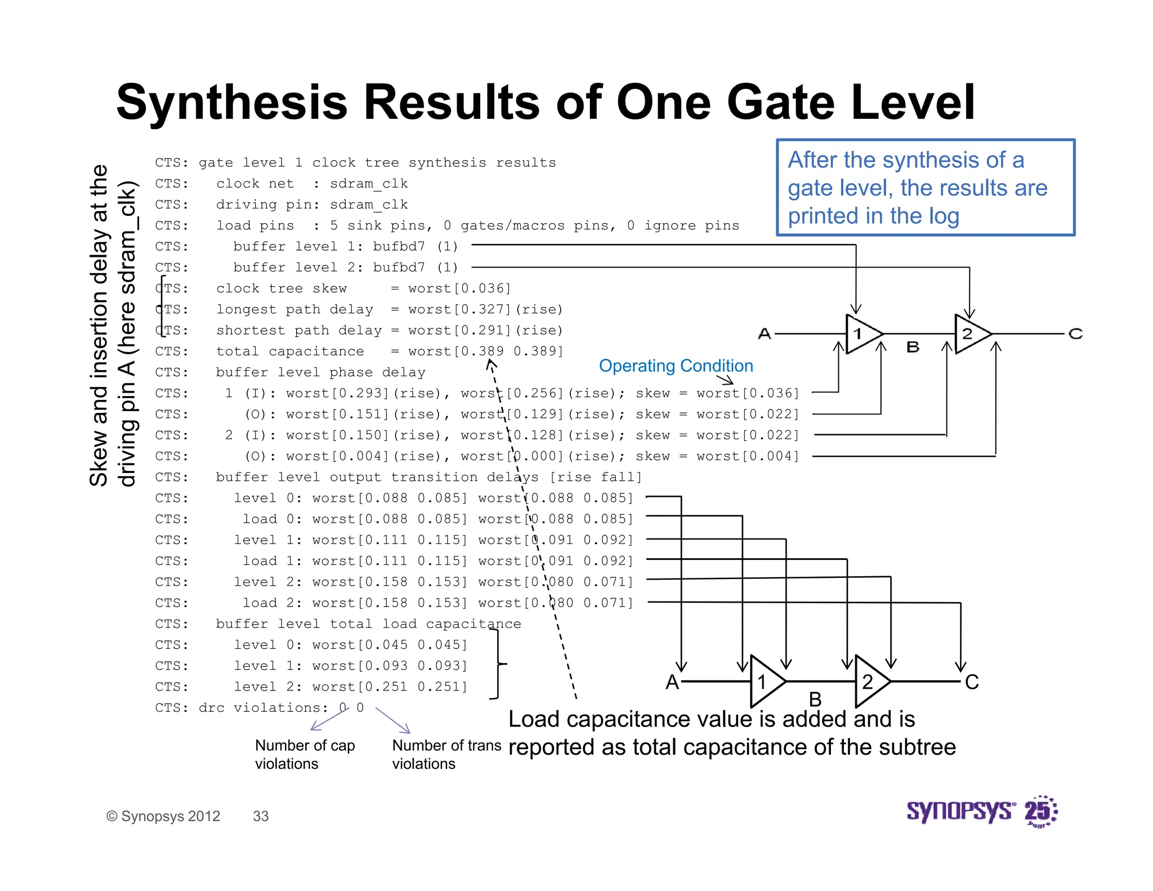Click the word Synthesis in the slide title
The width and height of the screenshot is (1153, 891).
[x=232, y=103]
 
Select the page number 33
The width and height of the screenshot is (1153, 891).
[x=261, y=816]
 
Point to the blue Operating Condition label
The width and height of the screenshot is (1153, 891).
[x=676, y=366]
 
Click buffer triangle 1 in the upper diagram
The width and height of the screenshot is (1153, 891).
[x=861, y=334]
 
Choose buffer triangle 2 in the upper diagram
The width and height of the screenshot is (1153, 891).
[x=971, y=334]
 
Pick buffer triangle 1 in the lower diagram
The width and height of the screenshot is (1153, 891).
[x=766, y=681]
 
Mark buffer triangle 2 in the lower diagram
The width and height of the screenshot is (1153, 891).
[x=870, y=681]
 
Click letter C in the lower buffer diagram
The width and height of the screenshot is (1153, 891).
[x=972, y=682]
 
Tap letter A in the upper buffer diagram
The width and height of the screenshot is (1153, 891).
[x=764, y=334]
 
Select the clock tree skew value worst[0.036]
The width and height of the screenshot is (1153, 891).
[x=459, y=289]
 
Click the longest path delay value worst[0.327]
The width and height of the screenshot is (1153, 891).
[x=459, y=310]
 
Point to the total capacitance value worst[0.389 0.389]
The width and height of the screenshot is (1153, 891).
[x=485, y=351]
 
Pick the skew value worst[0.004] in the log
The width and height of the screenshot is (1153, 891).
[x=748, y=456]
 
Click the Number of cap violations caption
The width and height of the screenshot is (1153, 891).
[x=305, y=755]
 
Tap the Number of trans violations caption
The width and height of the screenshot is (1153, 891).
[x=446, y=755]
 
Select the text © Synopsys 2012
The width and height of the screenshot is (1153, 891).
[x=163, y=816]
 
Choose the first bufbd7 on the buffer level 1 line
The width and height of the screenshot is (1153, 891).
[x=399, y=247]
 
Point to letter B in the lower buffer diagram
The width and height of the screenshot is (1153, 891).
[x=815, y=700]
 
